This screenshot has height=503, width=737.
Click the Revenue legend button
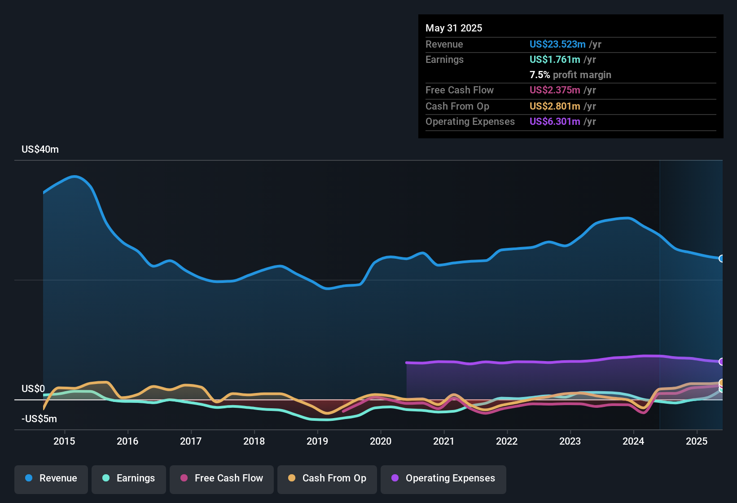(x=51, y=478)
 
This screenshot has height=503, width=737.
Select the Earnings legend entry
(x=128, y=478)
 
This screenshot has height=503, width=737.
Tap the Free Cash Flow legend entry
(x=222, y=478)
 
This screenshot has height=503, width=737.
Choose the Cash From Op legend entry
(x=327, y=478)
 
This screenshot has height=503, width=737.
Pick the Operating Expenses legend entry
(x=443, y=478)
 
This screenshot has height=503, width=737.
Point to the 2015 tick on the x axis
(x=64, y=441)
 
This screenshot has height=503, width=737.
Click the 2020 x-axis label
(x=381, y=441)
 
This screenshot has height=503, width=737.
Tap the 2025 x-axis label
(x=697, y=441)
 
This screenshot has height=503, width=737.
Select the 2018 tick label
(x=254, y=441)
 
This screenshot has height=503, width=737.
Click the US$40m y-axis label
(x=40, y=150)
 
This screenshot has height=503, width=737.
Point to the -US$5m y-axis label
(x=39, y=419)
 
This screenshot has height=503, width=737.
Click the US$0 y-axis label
(x=33, y=389)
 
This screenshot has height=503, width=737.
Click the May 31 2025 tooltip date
(x=454, y=28)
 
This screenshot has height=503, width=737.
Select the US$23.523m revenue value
(x=557, y=44)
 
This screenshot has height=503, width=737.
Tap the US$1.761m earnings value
(x=555, y=60)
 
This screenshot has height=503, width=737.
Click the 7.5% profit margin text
(x=570, y=75)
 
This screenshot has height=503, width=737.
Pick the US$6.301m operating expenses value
(x=555, y=122)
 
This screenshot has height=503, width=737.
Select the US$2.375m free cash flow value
(x=555, y=90)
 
